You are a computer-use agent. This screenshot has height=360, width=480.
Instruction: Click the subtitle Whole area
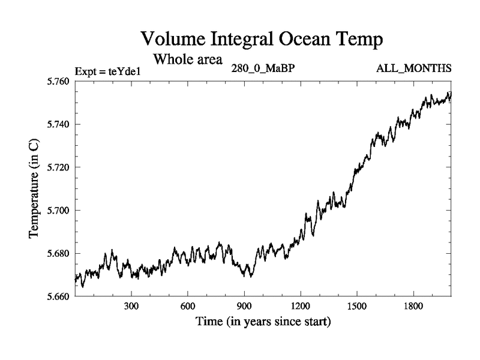(188, 59)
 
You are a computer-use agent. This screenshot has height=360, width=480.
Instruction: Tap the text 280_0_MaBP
(263, 68)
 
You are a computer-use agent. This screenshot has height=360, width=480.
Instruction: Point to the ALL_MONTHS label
(414, 68)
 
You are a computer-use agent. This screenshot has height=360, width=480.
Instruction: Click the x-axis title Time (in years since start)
(263, 322)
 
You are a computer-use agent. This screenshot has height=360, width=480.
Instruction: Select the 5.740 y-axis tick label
(57, 125)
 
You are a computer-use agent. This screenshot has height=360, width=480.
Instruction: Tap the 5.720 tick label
(57, 167)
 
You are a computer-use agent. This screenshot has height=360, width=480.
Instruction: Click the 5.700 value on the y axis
(57, 211)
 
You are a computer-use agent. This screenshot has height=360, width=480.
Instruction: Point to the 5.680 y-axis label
(57, 254)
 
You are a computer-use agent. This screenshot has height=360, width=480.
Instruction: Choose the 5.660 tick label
(57, 296)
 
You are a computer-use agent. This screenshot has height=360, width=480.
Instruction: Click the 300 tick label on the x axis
(131, 306)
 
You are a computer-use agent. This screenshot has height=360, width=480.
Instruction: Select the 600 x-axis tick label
(188, 306)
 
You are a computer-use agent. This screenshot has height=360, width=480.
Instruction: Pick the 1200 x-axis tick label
(300, 306)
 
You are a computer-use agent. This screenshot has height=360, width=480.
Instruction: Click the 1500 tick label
(356, 306)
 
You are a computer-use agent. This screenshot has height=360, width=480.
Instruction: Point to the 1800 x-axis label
(413, 306)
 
